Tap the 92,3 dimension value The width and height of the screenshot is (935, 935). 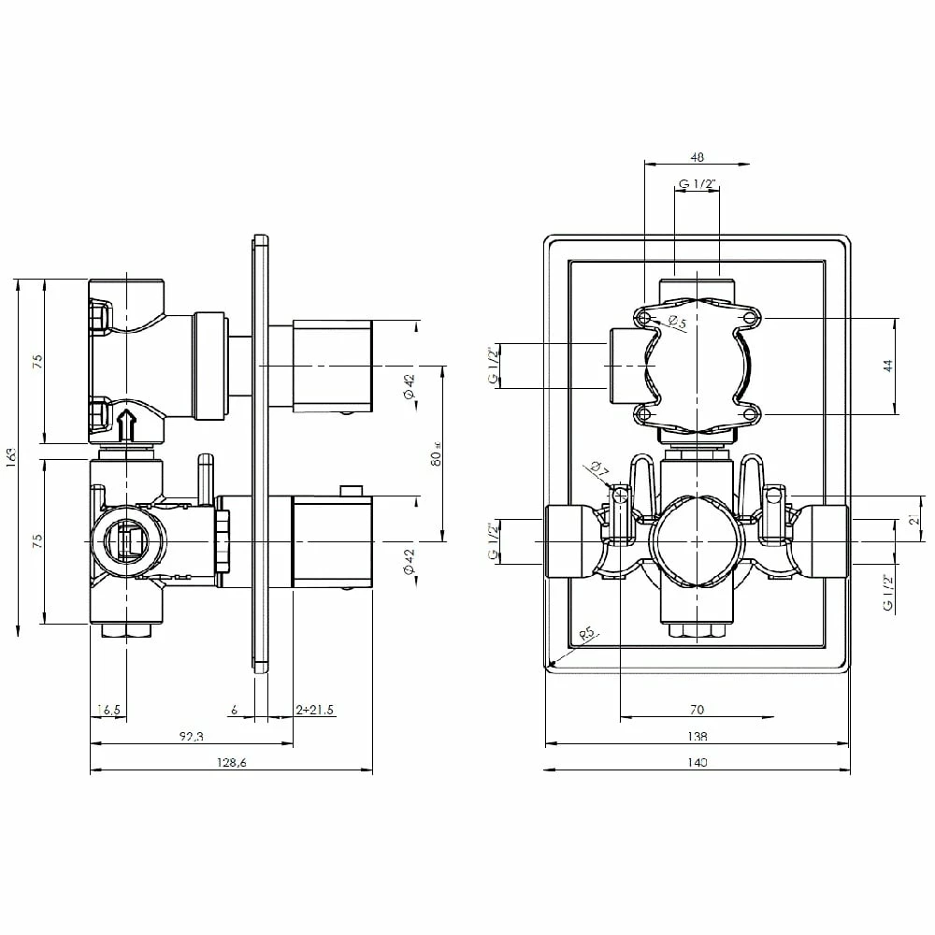click(x=191, y=737)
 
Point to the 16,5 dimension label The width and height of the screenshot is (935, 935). click(x=109, y=710)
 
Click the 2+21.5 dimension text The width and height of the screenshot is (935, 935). click(x=315, y=710)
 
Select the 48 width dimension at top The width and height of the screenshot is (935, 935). click(x=697, y=157)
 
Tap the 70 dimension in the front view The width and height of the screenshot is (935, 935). click(x=697, y=710)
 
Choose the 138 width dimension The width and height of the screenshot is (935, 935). click(x=697, y=736)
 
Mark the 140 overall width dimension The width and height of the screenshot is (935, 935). click(x=697, y=762)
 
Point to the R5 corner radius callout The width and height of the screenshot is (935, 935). click(x=587, y=635)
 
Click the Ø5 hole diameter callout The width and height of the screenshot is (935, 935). click(x=676, y=324)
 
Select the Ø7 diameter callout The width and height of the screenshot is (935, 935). click(x=598, y=469)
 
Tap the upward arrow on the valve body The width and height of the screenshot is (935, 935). click(x=128, y=423)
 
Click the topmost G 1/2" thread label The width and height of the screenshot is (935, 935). click(x=697, y=184)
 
